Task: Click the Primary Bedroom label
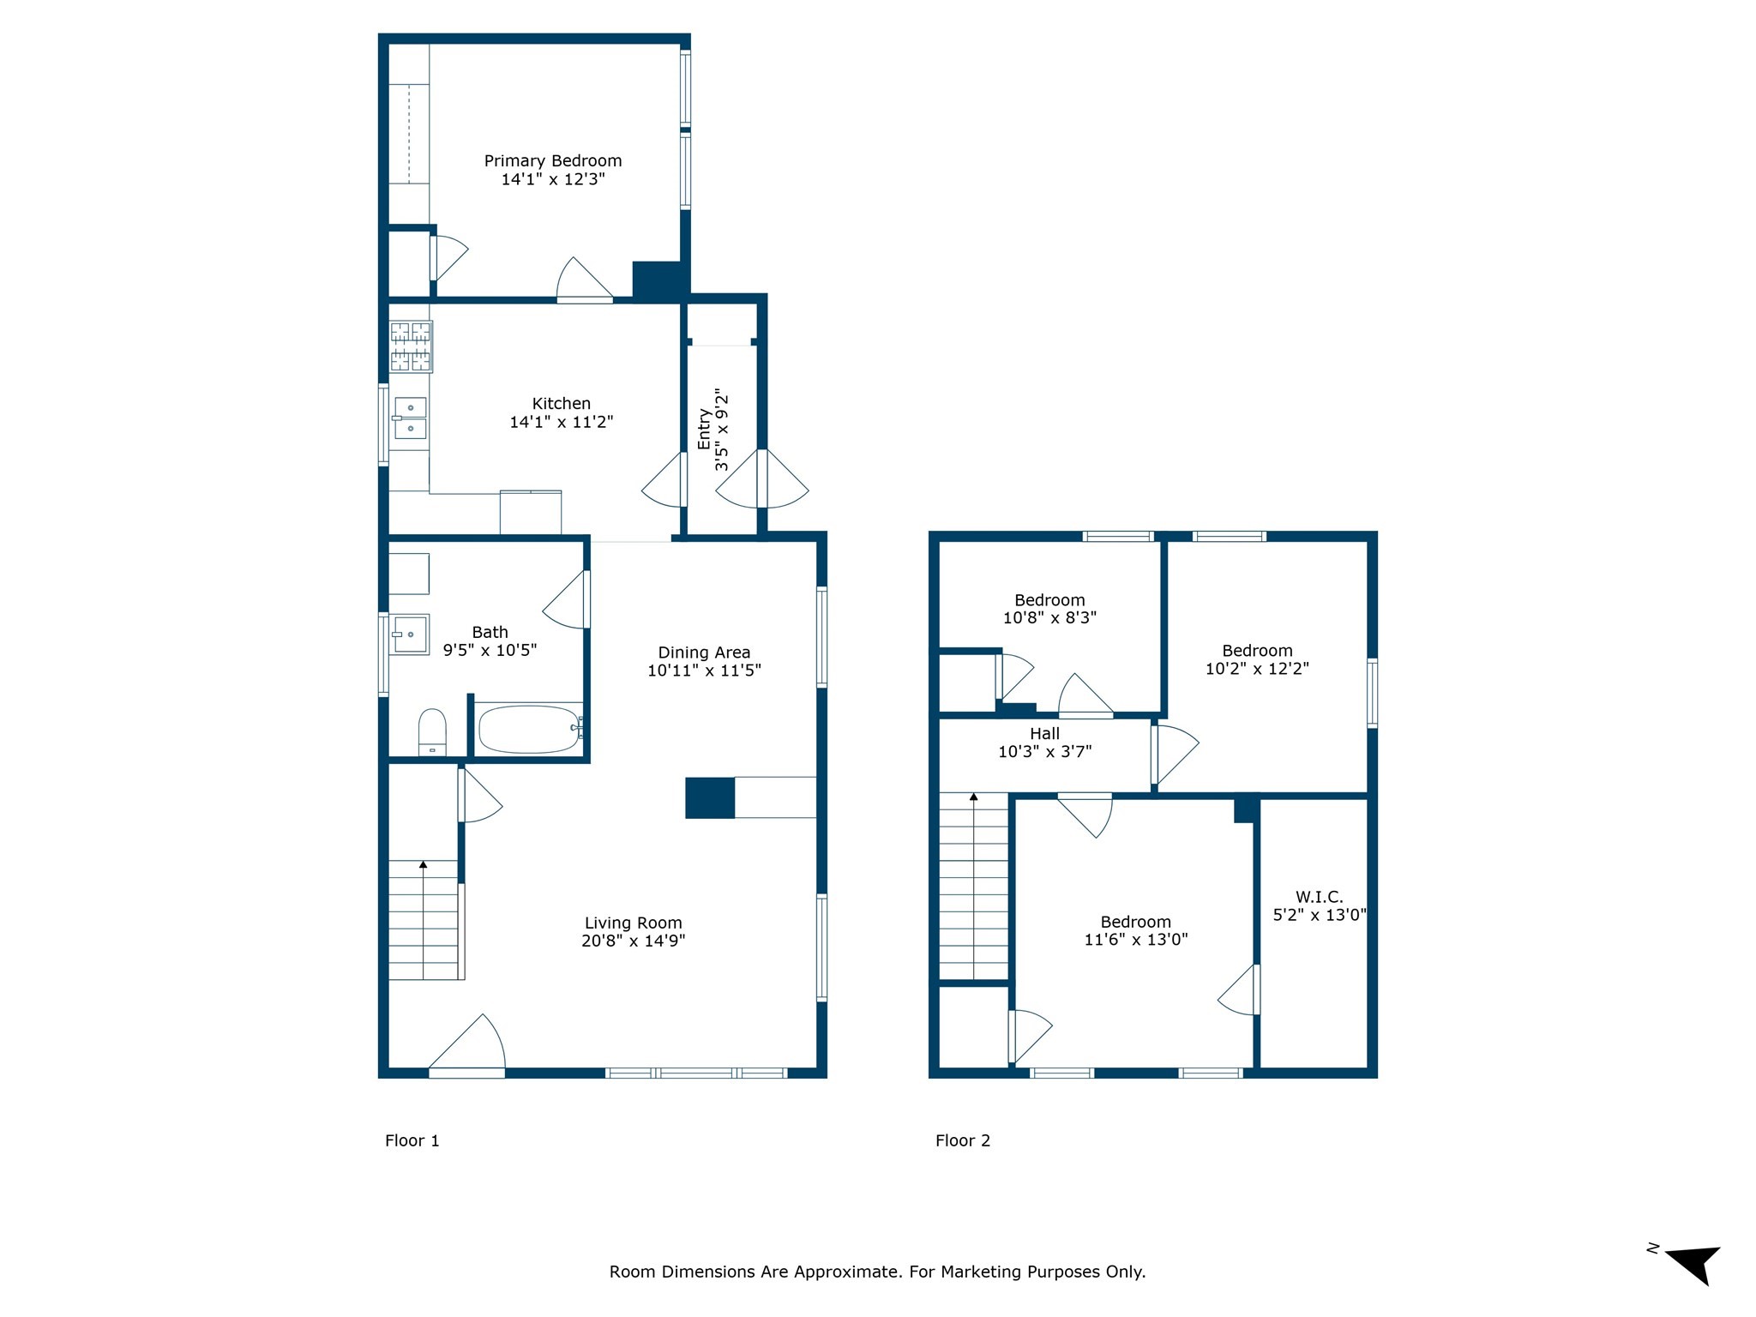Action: [x=553, y=161]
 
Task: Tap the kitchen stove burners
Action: [x=411, y=346]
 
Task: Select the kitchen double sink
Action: [x=411, y=418]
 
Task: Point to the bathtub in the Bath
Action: [x=529, y=730]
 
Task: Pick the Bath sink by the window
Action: [x=410, y=634]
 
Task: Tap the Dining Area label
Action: [x=704, y=652]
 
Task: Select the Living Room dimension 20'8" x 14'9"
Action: [x=633, y=941]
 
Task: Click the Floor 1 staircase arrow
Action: [x=423, y=866]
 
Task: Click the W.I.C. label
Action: [x=1319, y=897]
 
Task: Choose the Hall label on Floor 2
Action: [x=1044, y=734]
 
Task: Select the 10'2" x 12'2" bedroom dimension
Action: [x=1257, y=669]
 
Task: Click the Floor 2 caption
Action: [x=962, y=1140]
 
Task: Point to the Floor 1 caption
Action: [x=412, y=1140]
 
